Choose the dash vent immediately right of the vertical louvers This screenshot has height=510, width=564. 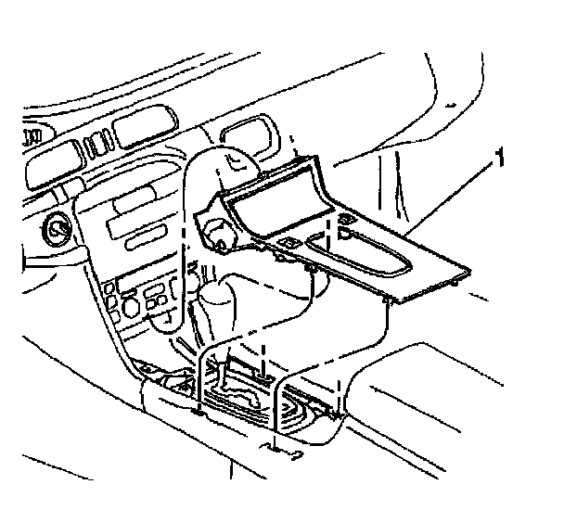click(140, 130)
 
